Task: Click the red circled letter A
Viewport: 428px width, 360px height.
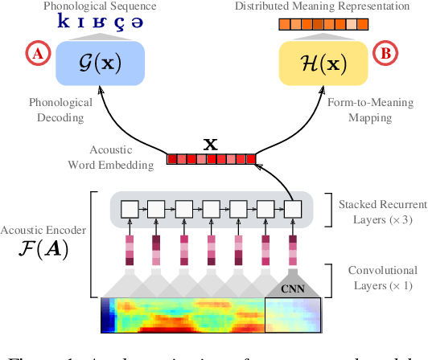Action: tap(37, 54)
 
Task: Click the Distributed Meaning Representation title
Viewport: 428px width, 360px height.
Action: tap(323, 6)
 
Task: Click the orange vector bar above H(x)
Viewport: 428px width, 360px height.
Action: tap(323, 25)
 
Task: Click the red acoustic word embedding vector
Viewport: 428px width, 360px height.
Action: tap(212, 159)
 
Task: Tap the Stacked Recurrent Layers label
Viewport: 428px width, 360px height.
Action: tap(378, 211)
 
